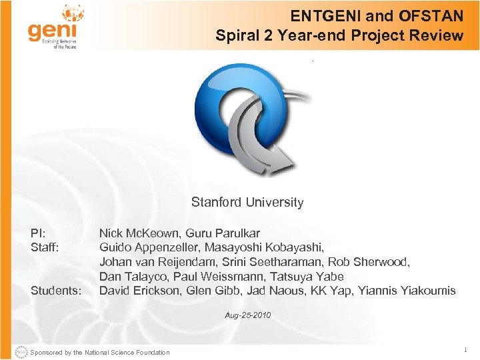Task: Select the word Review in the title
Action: [437, 35]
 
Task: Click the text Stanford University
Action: [247, 202]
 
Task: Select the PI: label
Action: [38, 233]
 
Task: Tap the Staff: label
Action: [45, 247]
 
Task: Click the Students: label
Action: [56, 291]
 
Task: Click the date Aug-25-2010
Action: [248, 315]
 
